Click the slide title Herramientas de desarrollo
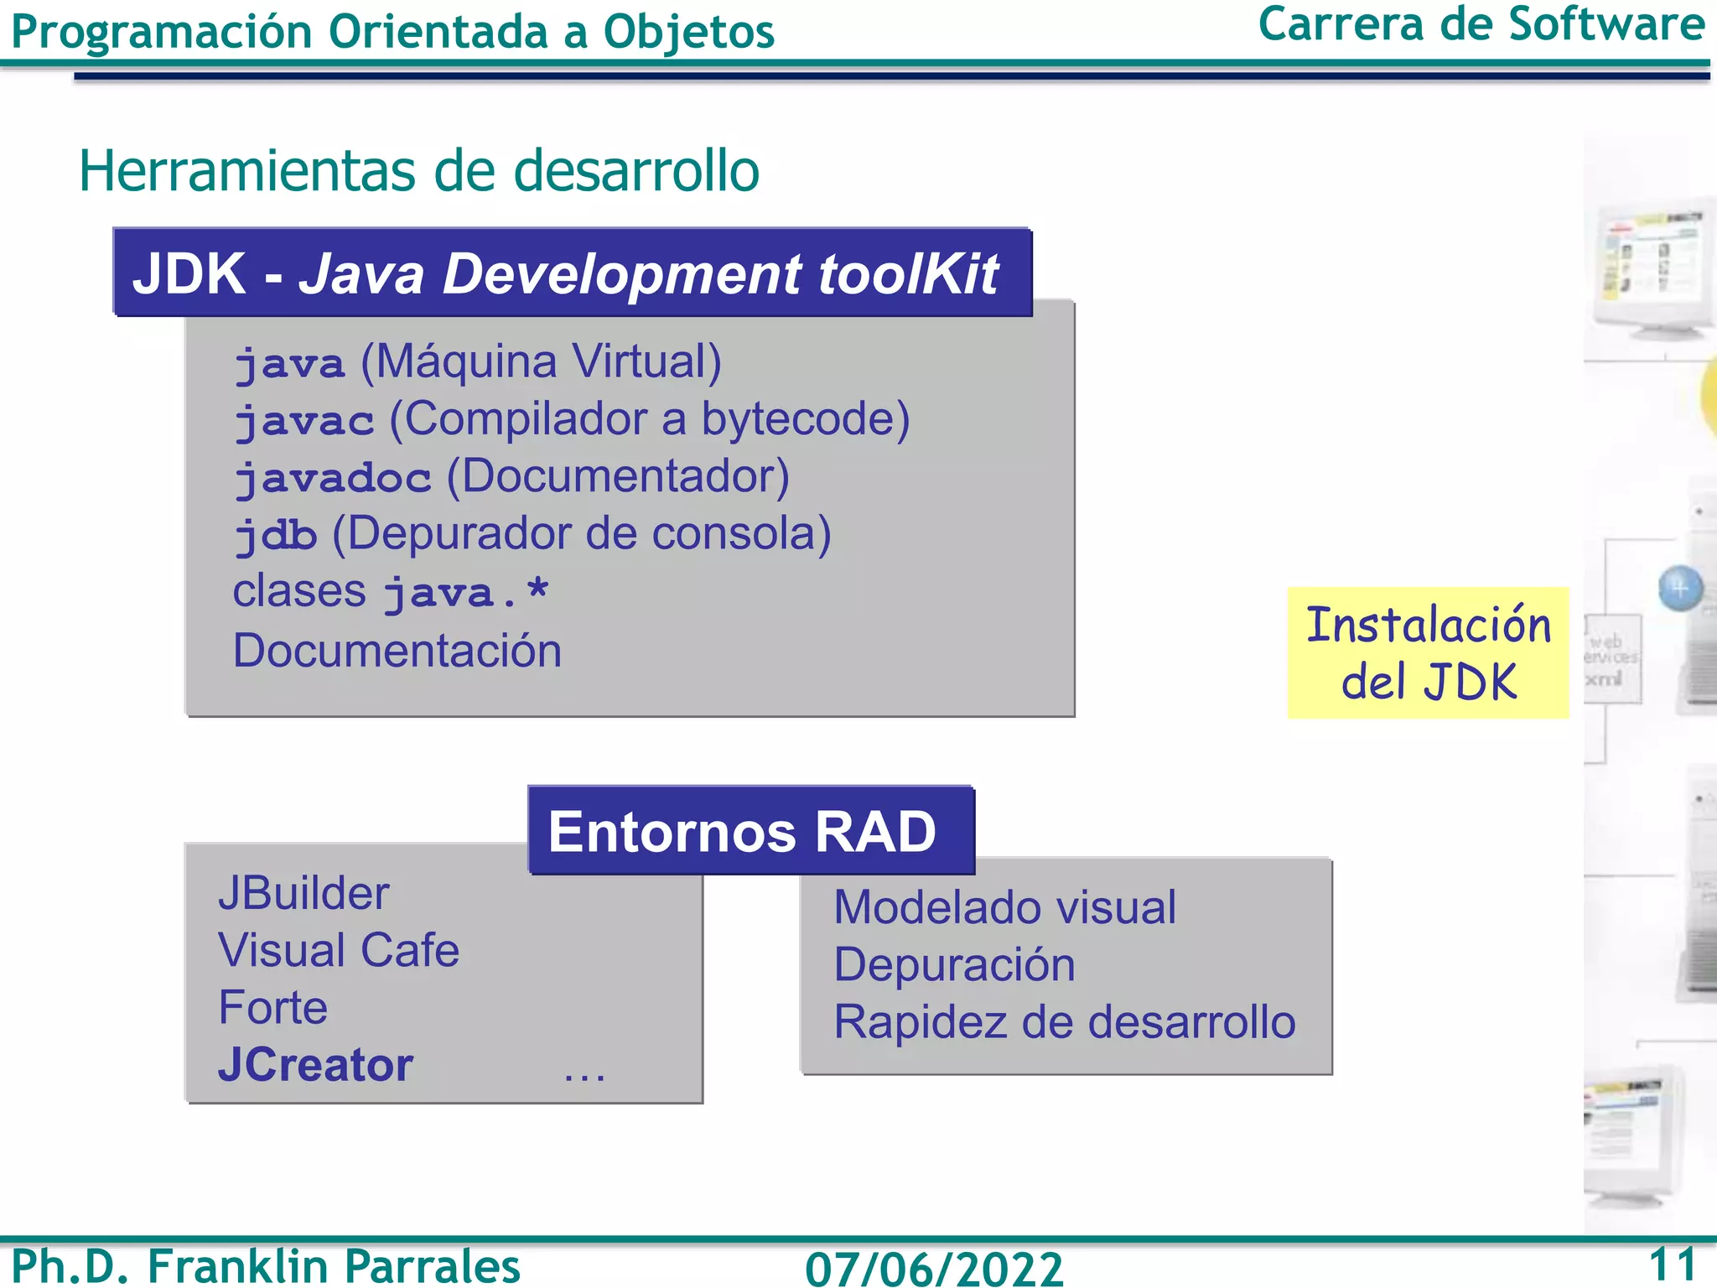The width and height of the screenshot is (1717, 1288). tap(418, 171)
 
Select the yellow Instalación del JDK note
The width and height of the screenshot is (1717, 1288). tap(1428, 652)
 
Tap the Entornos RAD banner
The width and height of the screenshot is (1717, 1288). tap(743, 831)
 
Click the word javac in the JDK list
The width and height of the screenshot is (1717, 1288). tap(303, 420)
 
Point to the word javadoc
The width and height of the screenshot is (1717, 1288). tap(333, 478)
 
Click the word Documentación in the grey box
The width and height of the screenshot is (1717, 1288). tap(397, 651)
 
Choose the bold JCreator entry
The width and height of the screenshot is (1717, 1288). tap(315, 1065)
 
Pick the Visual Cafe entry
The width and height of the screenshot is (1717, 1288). tap(339, 950)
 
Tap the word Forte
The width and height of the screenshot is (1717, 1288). tap(272, 1007)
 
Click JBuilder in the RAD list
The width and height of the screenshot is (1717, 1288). tap(303, 893)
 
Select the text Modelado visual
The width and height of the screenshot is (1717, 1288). tap(1004, 907)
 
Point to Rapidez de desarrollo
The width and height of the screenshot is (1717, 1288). tap(1065, 1022)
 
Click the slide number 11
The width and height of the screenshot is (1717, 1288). tap(1672, 1264)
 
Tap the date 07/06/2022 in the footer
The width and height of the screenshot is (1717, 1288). tap(934, 1268)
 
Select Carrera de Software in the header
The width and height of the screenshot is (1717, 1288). tap(1481, 25)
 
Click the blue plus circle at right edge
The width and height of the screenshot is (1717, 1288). tap(1680, 589)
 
